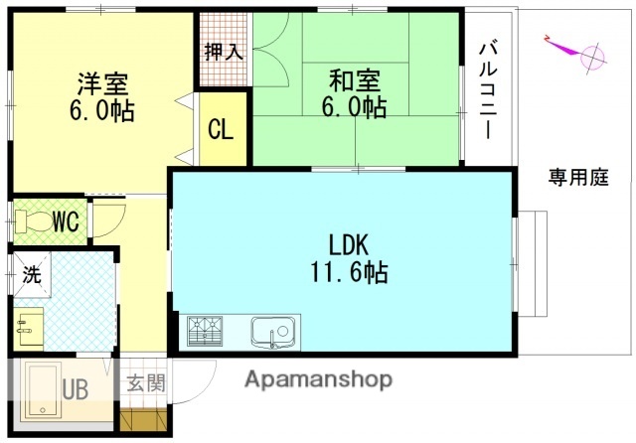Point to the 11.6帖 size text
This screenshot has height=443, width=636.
click(x=348, y=271)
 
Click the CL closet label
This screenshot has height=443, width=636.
click(x=221, y=129)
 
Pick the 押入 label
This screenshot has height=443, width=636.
click(x=224, y=52)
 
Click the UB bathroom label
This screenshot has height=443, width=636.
click(x=76, y=389)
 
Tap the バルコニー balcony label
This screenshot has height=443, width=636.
click(x=488, y=90)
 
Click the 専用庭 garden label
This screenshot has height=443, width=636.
click(x=578, y=178)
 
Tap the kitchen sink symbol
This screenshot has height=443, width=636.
click(x=273, y=331)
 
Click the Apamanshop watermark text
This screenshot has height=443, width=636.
click(x=318, y=379)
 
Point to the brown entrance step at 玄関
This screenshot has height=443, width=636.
click(x=140, y=418)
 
